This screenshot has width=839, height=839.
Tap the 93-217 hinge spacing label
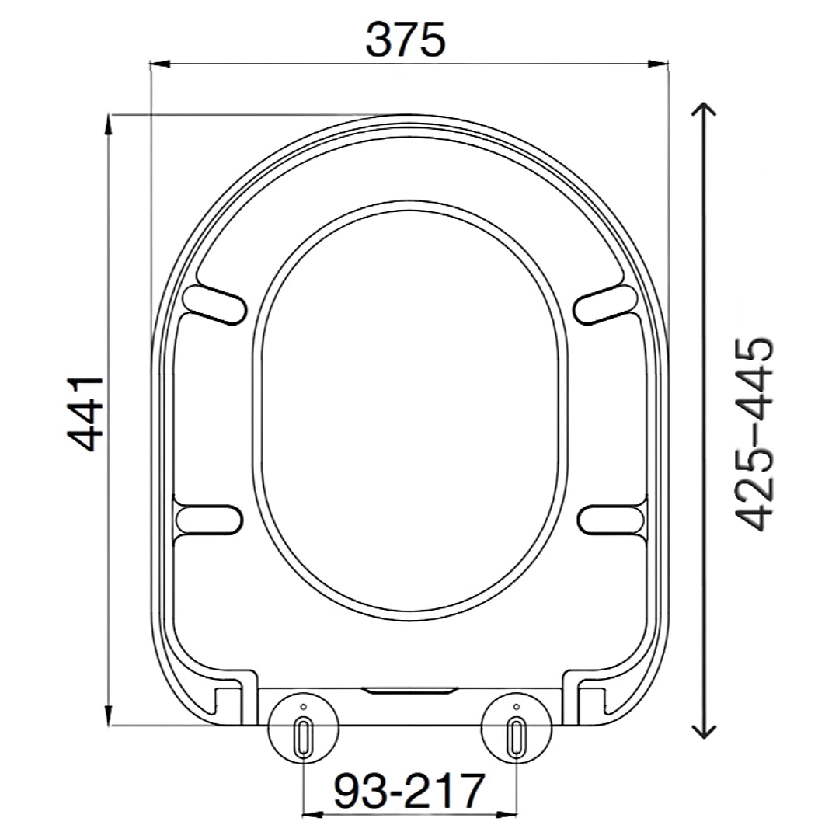coord(409,791)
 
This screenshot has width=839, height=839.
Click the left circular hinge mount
coord(303,729)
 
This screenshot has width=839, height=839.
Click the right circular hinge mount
coord(517,729)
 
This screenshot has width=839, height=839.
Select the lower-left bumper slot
coord(205,519)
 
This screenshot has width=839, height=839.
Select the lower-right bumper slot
coord(614,519)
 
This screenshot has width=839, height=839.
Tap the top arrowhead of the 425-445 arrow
coord(704,109)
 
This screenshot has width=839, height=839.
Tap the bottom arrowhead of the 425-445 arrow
coord(704,730)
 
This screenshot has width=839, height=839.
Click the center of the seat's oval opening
coord(410,412)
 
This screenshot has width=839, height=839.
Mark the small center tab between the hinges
coord(409,690)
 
